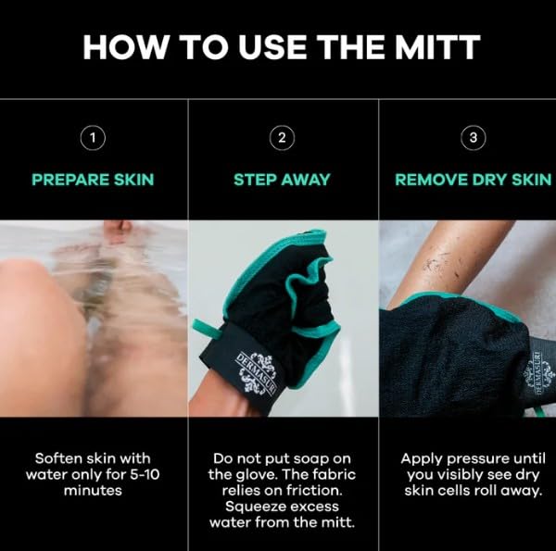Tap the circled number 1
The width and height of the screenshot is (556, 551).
pyautogui.click(x=92, y=139)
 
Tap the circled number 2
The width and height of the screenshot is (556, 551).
pyautogui.click(x=282, y=139)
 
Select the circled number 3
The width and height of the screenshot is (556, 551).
pyautogui.click(x=473, y=139)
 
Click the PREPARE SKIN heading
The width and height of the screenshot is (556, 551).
pyautogui.click(x=92, y=180)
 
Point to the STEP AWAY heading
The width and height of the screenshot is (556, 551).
pyautogui.click(x=282, y=180)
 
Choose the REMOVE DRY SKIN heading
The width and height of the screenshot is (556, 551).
pyautogui.click(x=473, y=180)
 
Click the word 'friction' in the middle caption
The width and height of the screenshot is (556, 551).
pyautogui.click(x=317, y=490)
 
